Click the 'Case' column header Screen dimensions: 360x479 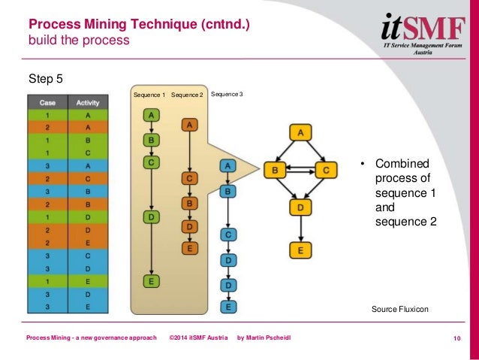(47, 103)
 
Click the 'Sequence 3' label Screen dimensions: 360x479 (227, 95)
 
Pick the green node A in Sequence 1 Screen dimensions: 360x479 (152, 115)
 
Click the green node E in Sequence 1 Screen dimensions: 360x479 (152, 282)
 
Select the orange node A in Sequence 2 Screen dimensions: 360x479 (190, 125)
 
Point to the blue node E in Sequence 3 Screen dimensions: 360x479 (227, 307)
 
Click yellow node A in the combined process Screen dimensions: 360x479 (300, 133)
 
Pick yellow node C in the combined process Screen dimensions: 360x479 (325, 170)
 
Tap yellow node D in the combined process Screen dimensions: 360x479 (300, 207)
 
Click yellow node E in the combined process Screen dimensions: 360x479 (300, 250)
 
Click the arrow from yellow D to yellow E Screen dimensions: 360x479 (300, 228)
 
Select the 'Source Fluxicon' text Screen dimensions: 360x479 (400, 309)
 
